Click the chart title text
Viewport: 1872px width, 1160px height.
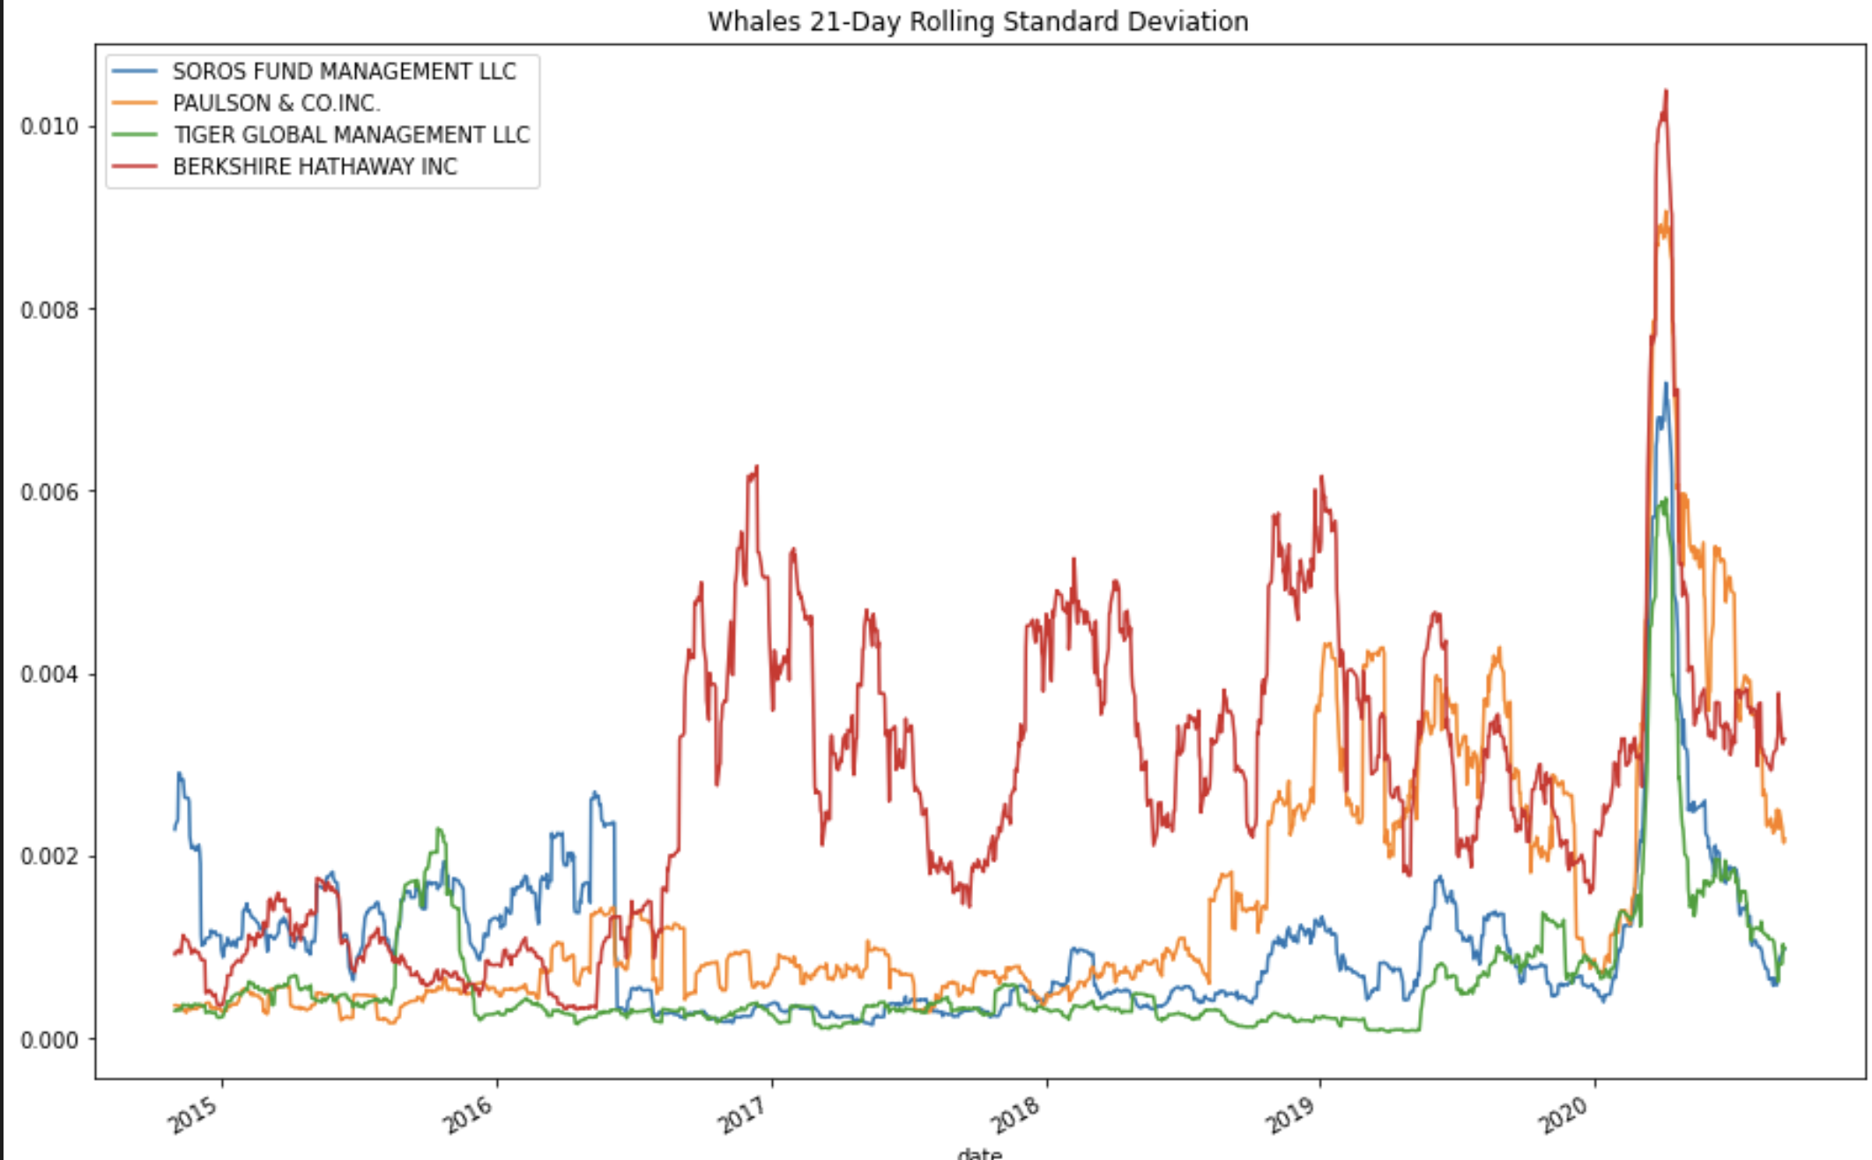tap(977, 20)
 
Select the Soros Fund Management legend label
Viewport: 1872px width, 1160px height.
tap(344, 71)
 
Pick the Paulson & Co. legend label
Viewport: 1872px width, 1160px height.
tap(277, 103)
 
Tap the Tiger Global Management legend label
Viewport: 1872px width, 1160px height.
tap(351, 135)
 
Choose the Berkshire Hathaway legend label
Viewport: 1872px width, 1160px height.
tap(315, 167)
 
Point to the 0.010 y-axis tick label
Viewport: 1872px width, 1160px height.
tap(49, 126)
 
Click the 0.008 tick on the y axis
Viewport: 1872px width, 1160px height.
tap(49, 309)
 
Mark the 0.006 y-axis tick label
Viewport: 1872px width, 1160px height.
tap(49, 492)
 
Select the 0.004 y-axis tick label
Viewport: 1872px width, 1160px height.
tap(49, 674)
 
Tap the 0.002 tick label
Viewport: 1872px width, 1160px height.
tap(49, 857)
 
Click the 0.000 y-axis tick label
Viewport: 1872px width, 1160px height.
tap(49, 1039)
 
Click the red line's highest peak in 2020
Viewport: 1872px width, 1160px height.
tap(1665, 92)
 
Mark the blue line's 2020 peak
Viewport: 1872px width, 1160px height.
tap(1666, 383)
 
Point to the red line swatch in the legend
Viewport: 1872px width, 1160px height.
tap(135, 167)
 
